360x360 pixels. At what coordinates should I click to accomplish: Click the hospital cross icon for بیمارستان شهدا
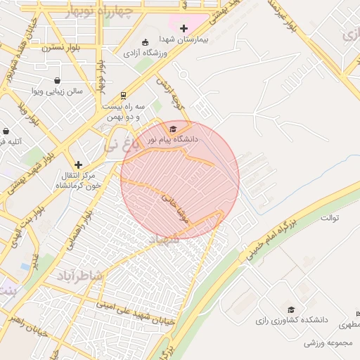click(x=184, y=29)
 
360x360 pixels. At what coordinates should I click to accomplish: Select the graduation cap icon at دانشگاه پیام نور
click(x=173, y=129)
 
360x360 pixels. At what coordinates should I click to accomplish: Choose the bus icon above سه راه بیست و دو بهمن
click(x=124, y=95)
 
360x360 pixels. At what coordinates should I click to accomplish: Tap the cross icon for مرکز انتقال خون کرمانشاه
click(x=79, y=165)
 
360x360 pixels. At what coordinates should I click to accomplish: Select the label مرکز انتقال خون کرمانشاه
click(x=79, y=180)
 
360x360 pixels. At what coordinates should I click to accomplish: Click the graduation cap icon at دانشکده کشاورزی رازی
click(x=291, y=309)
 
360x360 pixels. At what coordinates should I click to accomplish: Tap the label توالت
click(x=330, y=217)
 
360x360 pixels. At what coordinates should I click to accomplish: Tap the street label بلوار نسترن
click(x=61, y=47)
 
